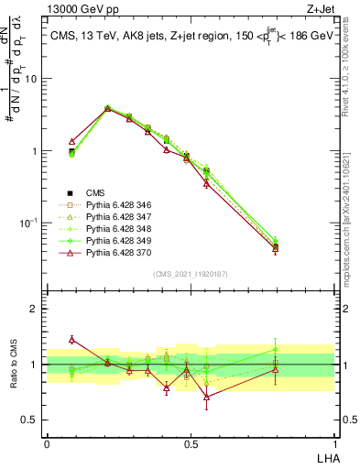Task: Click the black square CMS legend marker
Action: tap(71, 192)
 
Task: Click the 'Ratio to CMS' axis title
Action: tap(15, 365)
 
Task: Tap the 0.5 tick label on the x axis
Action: tap(190, 443)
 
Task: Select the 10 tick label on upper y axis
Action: tap(30, 79)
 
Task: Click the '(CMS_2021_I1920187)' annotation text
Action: tap(190, 274)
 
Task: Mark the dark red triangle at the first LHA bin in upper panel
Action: tap(72, 142)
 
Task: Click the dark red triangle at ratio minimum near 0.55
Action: tap(207, 397)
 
